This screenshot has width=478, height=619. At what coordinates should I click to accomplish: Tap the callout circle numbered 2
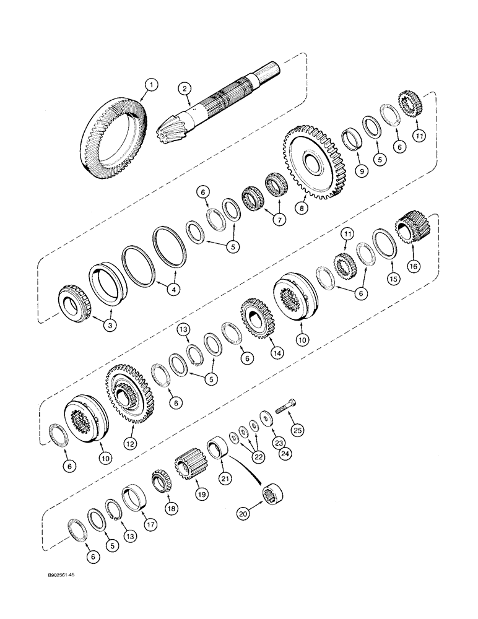(185, 89)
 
